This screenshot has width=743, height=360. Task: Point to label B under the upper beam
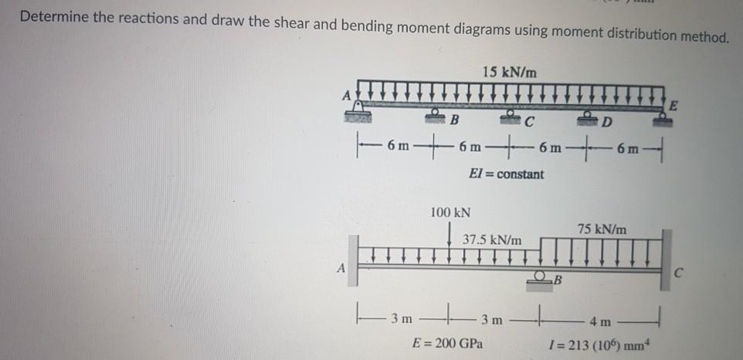tap(455, 121)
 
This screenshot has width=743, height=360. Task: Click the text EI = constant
tap(506, 174)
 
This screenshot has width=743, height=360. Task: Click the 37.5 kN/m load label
tap(492, 240)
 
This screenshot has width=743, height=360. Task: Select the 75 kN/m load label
tap(602, 229)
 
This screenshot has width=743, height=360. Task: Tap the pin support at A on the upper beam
tap(358, 114)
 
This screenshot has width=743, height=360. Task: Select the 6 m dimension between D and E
tap(628, 148)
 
